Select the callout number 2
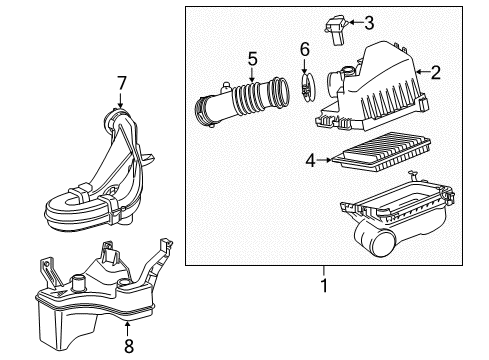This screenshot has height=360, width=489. pyautogui.click(x=436, y=70)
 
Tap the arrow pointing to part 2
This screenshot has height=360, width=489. pyautogui.click(x=420, y=70)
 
